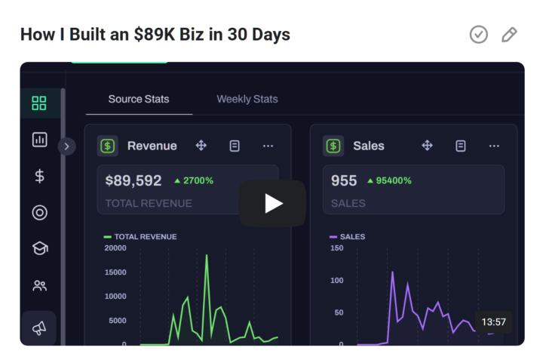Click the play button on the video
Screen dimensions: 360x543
[x=272, y=203]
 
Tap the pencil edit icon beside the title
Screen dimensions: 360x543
[x=509, y=35]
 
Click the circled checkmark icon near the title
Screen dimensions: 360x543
[x=478, y=35]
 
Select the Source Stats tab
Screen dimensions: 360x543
[x=139, y=99]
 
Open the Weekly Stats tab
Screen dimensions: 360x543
[x=247, y=99]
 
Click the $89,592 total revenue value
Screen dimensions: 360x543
[x=133, y=181]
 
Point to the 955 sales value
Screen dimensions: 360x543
[x=345, y=181]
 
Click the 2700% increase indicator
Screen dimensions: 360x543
[x=194, y=181]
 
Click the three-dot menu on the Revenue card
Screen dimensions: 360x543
[x=268, y=146]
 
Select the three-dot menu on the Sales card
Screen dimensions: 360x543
[x=494, y=146]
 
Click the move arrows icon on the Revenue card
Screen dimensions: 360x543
[x=201, y=146]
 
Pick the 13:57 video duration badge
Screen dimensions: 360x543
[x=493, y=322]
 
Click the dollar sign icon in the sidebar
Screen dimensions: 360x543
[x=40, y=176]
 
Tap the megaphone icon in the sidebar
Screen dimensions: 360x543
[x=39, y=328]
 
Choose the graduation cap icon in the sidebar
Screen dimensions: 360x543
[x=40, y=248]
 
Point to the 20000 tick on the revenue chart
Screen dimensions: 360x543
[x=115, y=248]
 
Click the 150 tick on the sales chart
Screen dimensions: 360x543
[x=337, y=248]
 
